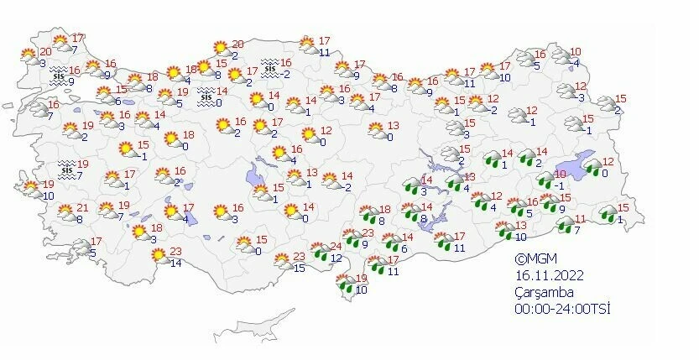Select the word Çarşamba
[544, 292]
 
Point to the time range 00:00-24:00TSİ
[562, 309]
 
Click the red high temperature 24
[336, 246]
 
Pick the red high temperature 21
[82, 208]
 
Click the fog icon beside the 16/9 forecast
[58, 73]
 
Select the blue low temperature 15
[298, 268]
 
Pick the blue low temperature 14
[175, 263]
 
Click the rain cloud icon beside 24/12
[319, 249]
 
